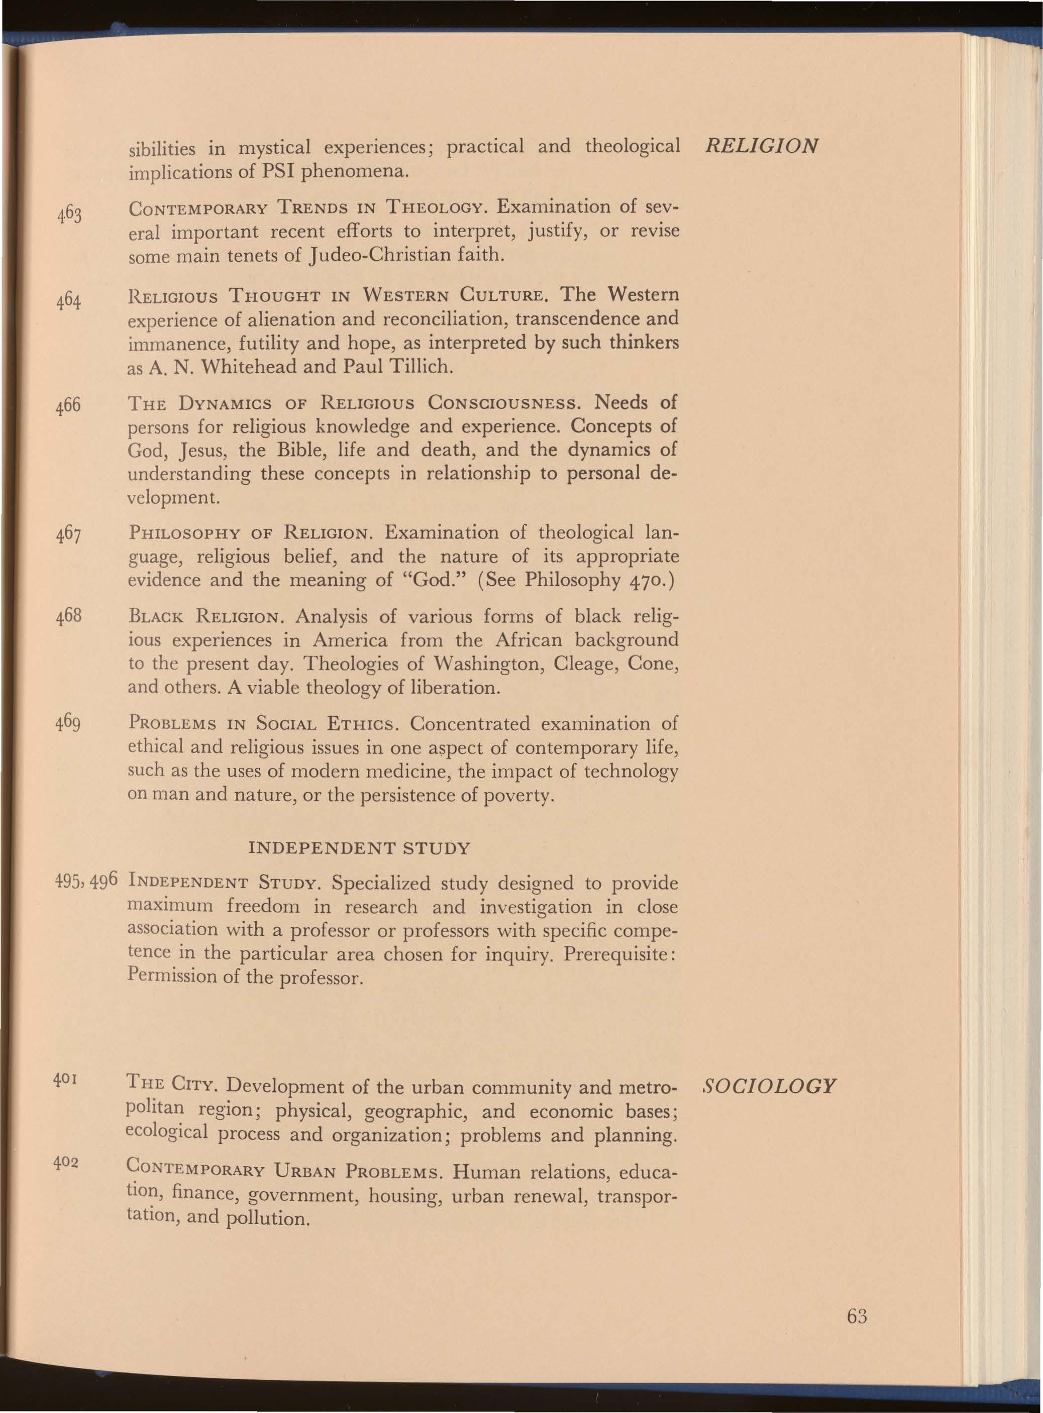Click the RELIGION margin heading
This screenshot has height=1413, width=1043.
click(x=762, y=146)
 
